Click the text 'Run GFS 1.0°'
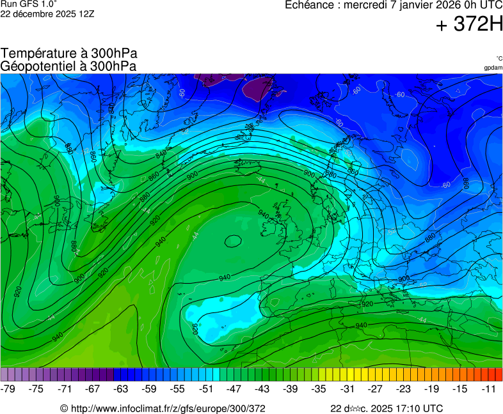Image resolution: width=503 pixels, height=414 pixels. click(x=29, y=4)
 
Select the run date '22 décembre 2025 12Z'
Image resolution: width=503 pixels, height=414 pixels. click(x=47, y=13)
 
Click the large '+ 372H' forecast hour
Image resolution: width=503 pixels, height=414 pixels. click(x=468, y=25)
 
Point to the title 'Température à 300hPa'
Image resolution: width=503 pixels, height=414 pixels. click(x=69, y=54)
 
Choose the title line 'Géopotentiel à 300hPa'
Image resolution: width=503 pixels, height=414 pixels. click(x=68, y=66)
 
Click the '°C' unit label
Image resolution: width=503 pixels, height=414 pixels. click(x=499, y=59)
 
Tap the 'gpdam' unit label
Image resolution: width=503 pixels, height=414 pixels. click(x=493, y=68)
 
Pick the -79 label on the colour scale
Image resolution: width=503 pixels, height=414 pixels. click(x=9, y=388)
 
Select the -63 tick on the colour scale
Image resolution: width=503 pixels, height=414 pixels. click(x=120, y=388)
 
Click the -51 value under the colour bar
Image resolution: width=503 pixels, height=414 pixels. click(x=206, y=388)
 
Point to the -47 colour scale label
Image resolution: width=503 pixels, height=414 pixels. click(x=234, y=388)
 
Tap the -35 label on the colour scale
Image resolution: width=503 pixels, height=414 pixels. click(x=319, y=388)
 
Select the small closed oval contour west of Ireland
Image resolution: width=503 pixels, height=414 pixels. click(x=232, y=241)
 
